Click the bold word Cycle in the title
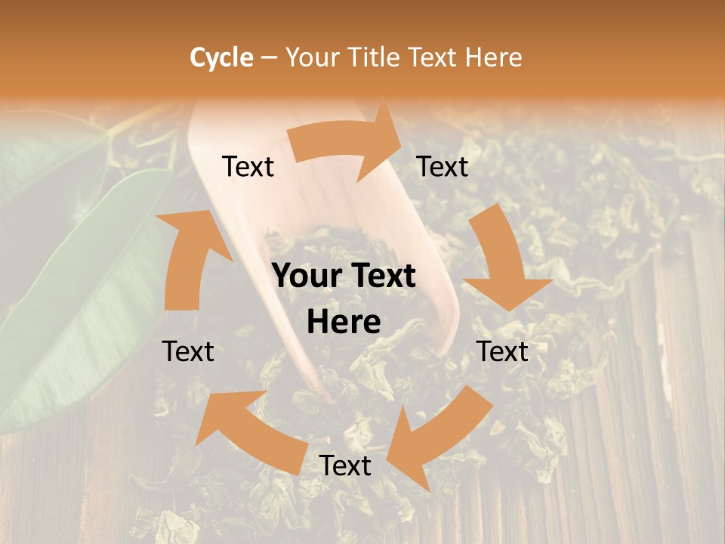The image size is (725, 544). click(x=221, y=57)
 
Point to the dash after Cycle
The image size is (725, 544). click(x=268, y=58)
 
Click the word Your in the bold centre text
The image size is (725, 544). click(x=305, y=277)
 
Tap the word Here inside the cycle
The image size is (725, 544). click(x=344, y=323)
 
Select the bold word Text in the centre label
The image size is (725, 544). click(x=382, y=277)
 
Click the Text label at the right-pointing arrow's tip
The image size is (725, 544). click(x=443, y=166)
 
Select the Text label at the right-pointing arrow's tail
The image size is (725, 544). click(x=248, y=166)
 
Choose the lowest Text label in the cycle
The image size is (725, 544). click(x=345, y=466)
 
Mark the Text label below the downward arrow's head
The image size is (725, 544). click(x=503, y=351)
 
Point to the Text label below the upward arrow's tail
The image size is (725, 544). click(x=188, y=351)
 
